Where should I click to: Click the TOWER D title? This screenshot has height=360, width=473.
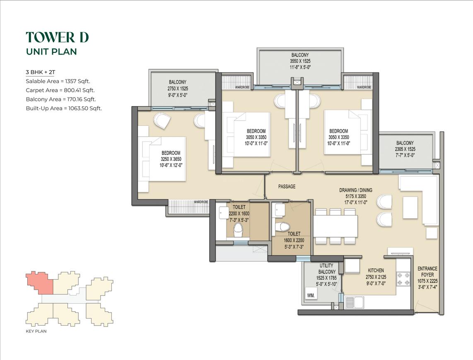pyautogui.click(x=57, y=37)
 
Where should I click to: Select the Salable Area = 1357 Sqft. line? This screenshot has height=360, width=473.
pyautogui.click(x=58, y=81)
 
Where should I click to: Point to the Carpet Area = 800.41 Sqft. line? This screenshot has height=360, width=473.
pyautogui.click(x=60, y=90)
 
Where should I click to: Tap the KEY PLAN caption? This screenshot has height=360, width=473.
pyautogui.click(x=36, y=331)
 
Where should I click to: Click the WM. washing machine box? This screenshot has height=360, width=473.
pyautogui.click(x=311, y=295)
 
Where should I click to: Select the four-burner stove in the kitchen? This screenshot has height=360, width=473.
pyautogui.click(x=403, y=278)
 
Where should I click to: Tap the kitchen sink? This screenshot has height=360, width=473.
pyautogui.click(x=354, y=302)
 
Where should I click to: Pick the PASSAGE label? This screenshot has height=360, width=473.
pyautogui.click(x=287, y=187)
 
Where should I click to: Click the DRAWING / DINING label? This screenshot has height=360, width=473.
pyautogui.click(x=356, y=190)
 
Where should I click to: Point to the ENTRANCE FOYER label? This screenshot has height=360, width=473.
pyautogui.click(x=427, y=271)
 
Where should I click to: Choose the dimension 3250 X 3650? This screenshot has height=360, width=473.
pyautogui.click(x=171, y=159)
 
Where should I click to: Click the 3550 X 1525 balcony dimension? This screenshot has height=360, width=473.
pyautogui.click(x=300, y=61)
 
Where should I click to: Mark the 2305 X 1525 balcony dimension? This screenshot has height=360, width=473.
pyautogui.click(x=405, y=149)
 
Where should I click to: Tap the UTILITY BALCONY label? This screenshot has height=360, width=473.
pyautogui.click(x=327, y=269)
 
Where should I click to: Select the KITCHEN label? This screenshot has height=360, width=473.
pyautogui.click(x=376, y=271)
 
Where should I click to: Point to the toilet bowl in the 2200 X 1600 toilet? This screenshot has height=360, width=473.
pyautogui.click(x=238, y=229)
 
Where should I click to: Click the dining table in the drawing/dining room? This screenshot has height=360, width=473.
pyautogui.click(x=335, y=226)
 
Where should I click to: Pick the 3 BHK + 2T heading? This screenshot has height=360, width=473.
pyautogui.click(x=41, y=72)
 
